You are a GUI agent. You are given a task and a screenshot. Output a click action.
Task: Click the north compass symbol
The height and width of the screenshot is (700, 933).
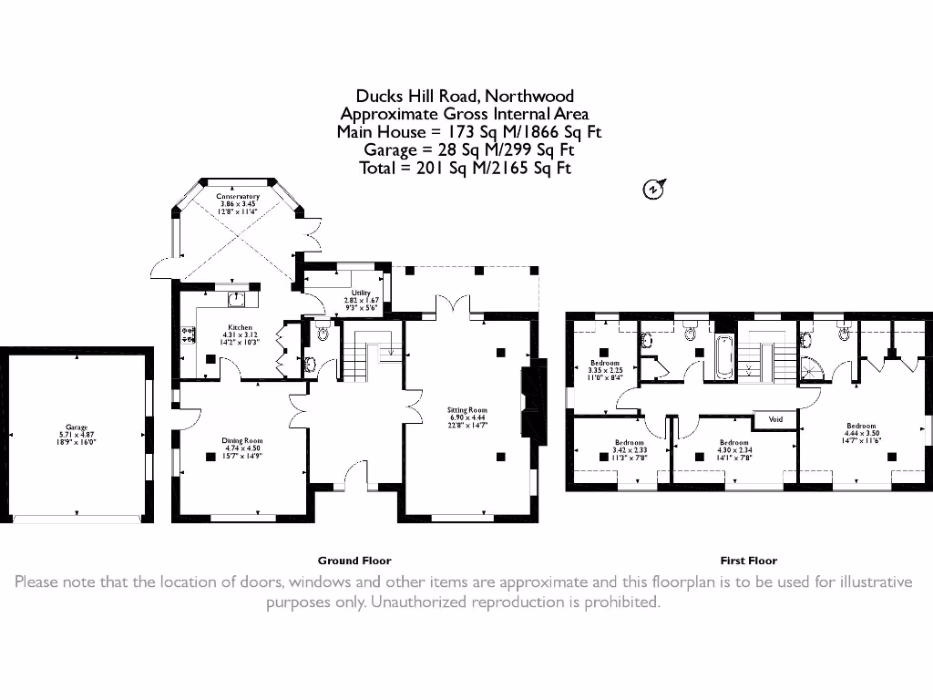(653, 190)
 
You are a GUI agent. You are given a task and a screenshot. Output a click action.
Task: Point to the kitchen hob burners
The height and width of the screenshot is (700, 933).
(190, 335)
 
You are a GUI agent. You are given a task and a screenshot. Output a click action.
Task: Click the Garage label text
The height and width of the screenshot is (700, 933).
(76, 431)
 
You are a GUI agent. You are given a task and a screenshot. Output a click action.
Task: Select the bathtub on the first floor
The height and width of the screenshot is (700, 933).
(723, 359)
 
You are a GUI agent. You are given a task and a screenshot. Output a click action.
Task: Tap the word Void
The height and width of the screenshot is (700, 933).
(775, 419)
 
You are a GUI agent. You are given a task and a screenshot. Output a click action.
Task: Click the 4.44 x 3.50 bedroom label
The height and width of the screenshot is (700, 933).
(861, 430)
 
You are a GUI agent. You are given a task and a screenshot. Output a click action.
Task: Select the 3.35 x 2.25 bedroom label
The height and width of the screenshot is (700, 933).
(605, 366)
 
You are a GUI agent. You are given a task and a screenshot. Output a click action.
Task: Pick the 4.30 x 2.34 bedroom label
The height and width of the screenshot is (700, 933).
(733, 446)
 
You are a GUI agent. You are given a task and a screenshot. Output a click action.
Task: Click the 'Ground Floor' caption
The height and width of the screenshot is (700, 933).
(354, 561)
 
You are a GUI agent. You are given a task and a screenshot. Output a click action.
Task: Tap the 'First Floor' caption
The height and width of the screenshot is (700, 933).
(748, 561)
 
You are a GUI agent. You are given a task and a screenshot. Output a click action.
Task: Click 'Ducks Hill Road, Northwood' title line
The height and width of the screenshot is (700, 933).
(465, 96)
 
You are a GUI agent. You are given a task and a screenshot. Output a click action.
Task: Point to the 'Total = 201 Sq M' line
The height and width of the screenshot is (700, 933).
(466, 169)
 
